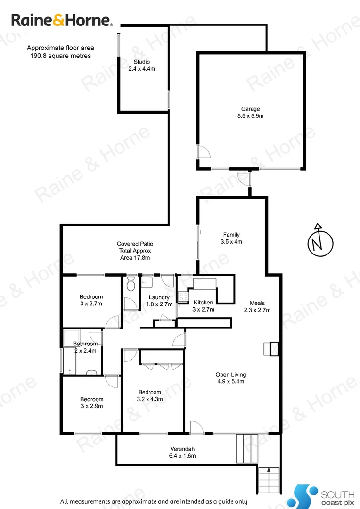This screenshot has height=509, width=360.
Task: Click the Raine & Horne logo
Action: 62,20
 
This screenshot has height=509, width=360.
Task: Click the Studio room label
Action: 142,65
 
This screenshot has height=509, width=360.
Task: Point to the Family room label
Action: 231,238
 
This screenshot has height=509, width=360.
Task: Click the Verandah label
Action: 182,452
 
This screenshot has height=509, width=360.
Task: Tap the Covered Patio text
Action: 135,251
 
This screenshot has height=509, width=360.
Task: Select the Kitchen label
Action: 203,306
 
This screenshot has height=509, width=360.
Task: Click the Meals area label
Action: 257,306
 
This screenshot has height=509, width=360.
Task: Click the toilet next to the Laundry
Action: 131,284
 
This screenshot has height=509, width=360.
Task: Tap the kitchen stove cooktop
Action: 182,297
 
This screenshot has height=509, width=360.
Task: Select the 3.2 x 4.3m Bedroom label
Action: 150,395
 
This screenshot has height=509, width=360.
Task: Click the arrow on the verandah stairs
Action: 269,469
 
